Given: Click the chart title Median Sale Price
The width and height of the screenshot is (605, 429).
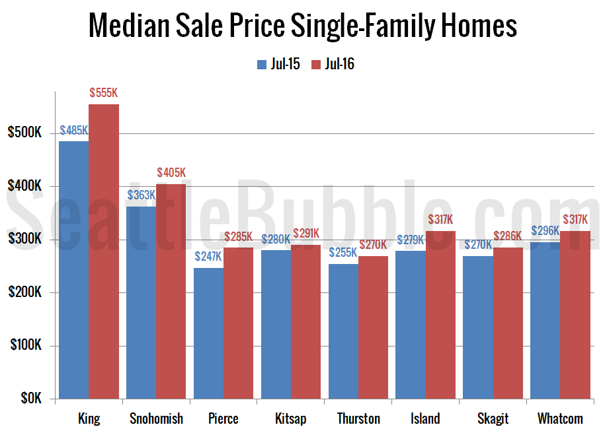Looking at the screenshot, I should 302,26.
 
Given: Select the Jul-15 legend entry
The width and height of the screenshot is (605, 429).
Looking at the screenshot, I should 278,64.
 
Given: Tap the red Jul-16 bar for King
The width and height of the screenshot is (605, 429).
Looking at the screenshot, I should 104,251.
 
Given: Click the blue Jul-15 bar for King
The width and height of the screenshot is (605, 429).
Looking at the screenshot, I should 73,271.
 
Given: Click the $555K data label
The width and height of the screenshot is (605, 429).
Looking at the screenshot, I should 104,93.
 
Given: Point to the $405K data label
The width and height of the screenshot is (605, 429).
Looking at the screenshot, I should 171,173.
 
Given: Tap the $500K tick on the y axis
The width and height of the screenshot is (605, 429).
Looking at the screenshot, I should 24,133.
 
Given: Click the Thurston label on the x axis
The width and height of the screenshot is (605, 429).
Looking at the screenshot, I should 358,418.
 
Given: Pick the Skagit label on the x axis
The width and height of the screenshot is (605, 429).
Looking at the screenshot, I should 493,418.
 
